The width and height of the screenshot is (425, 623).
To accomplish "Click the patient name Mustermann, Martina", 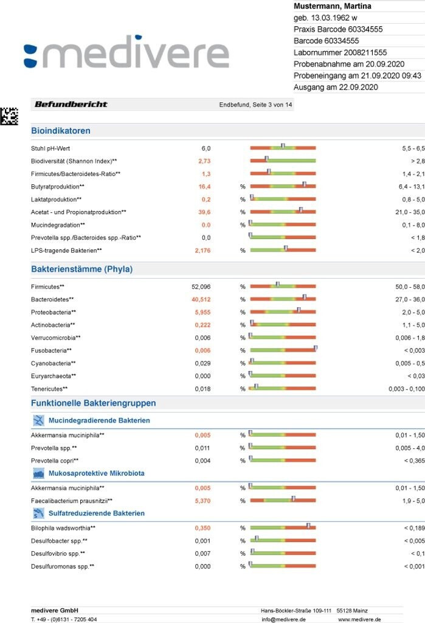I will (333, 6).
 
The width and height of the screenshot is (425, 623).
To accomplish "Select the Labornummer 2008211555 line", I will (340, 52).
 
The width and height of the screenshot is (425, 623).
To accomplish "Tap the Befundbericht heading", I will (71, 104).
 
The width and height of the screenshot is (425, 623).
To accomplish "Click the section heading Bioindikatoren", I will (61, 131).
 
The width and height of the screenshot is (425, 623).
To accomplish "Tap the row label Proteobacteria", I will (52, 312).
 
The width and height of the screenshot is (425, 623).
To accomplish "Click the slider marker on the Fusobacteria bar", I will (316, 348).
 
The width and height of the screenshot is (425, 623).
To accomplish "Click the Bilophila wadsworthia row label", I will (67, 528).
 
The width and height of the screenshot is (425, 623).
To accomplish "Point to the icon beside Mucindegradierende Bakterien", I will (38, 420).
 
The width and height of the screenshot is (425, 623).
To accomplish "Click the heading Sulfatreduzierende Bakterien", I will (97, 513).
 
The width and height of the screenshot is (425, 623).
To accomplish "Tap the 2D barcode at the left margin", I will (9, 116).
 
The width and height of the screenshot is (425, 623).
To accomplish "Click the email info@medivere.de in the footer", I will (283, 619).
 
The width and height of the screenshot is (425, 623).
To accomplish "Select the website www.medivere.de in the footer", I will (359, 619).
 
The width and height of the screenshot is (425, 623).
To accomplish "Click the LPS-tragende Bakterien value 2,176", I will (202, 251).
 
